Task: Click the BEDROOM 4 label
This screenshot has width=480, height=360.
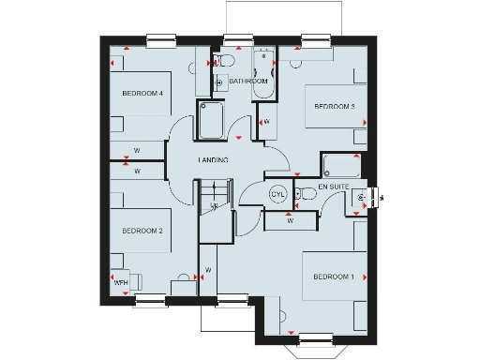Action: point(142,94)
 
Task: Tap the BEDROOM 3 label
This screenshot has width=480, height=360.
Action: point(334,107)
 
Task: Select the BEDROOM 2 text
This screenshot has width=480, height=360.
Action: point(142,231)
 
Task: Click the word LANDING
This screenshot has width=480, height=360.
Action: point(213,160)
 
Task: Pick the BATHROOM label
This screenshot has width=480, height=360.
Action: point(249,82)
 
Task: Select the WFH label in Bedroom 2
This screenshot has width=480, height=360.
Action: point(120,281)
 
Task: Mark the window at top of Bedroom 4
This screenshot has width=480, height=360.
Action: point(161,39)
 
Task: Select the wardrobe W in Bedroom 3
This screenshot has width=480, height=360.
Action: point(267,122)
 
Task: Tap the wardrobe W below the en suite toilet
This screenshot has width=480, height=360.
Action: point(290,221)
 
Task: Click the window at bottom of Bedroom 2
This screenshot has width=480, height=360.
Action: point(150,299)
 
